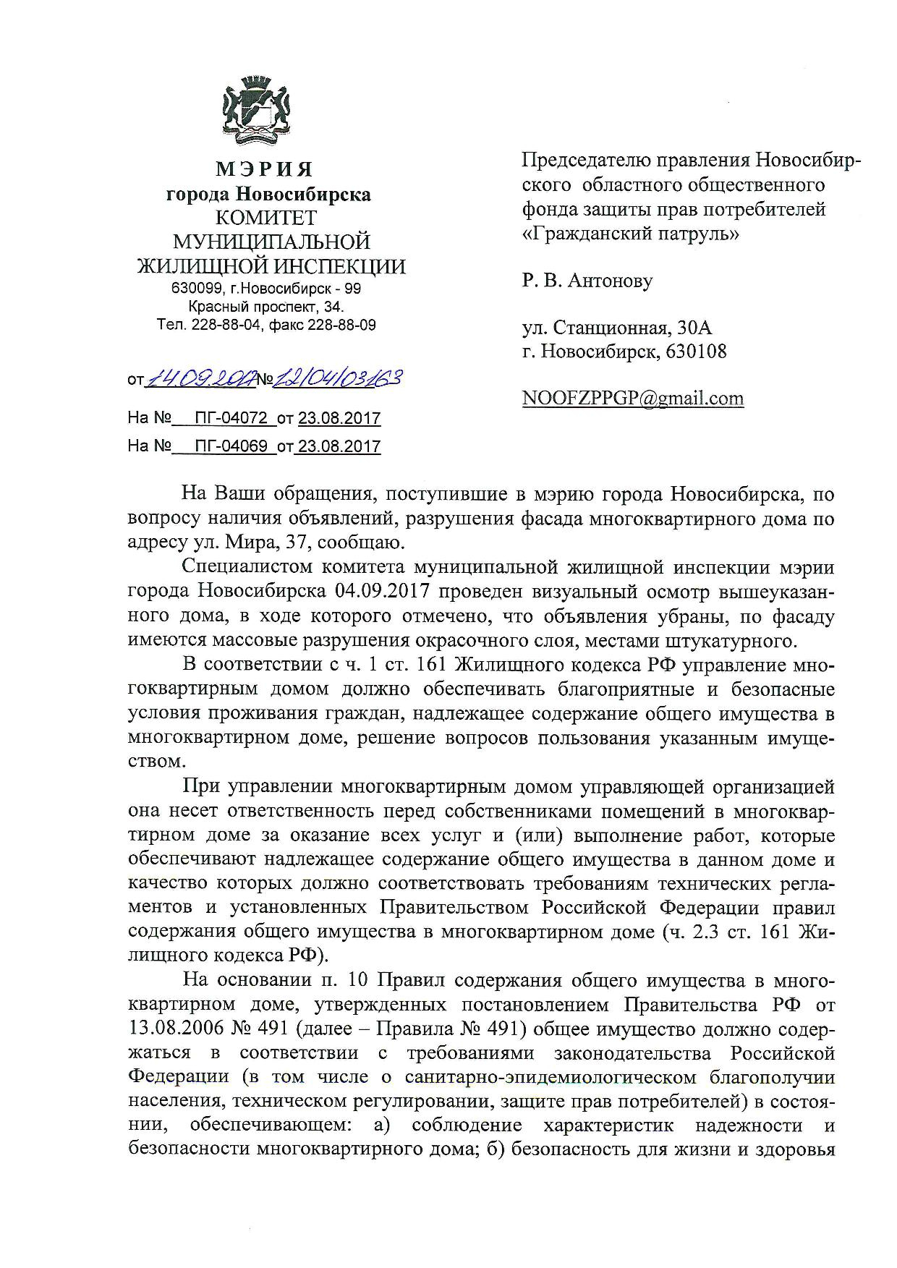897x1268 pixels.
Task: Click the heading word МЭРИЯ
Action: (x=265, y=170)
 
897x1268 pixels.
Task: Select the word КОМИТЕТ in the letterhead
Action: (x=267, y=218)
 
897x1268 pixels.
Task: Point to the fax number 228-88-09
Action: (x=342, y=325)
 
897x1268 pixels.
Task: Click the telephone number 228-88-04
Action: (x=225, y=325)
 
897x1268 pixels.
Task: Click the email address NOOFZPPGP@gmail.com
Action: (x=632, y=399)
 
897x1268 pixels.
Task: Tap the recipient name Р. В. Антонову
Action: (x=587, y=280)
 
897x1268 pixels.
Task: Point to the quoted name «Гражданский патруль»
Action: (x=629, y=234)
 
